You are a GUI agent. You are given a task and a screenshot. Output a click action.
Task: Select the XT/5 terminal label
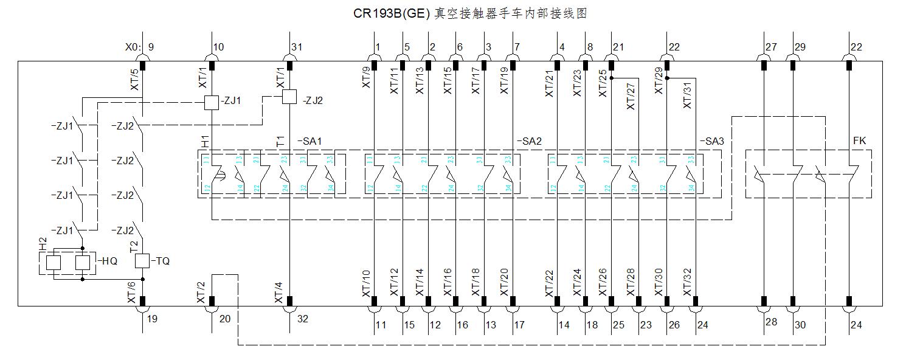[134, 80]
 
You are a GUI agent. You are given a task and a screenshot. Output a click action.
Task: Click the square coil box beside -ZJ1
[211, 102]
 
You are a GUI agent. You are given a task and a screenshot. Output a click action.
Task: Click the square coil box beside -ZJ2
[289, 96]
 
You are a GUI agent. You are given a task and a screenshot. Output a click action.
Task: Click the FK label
[859, 141]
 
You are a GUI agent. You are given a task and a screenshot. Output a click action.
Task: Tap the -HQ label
[109, 261]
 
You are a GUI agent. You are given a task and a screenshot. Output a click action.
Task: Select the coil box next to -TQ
[142, 261]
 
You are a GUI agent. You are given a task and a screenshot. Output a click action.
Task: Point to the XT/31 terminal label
[688, 95]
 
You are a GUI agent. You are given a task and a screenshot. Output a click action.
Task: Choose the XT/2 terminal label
[201, 292]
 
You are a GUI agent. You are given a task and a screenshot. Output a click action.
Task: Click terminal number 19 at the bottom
[152, 318]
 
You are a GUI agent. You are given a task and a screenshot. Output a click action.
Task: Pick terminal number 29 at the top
[800, 47]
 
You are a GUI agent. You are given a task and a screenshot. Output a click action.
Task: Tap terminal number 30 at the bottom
[800, 325]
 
